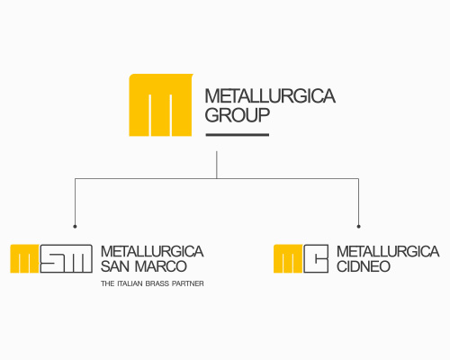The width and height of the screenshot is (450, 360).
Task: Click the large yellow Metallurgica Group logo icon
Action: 160,105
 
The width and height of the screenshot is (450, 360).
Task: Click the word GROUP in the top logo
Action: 238,115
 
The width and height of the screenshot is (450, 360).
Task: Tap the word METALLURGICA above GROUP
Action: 270,96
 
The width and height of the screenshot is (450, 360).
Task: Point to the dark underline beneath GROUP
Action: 238,135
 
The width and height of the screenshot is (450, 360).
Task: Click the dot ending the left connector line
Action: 75,227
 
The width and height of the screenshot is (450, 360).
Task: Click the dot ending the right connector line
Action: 358,227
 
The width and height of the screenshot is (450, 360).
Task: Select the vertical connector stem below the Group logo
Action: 217,165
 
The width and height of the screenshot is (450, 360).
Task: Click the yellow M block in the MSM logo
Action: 24,258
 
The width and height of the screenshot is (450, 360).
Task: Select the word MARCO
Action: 161,266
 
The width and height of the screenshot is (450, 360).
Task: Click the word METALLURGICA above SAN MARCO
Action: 152,251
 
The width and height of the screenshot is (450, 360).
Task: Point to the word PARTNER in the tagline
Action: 188,283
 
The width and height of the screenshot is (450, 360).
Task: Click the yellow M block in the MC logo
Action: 288,258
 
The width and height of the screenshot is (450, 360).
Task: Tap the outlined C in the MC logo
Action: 316,258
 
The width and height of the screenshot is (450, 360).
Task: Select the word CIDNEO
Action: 364,266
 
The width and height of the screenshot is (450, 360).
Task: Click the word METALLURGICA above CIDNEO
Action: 388,251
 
